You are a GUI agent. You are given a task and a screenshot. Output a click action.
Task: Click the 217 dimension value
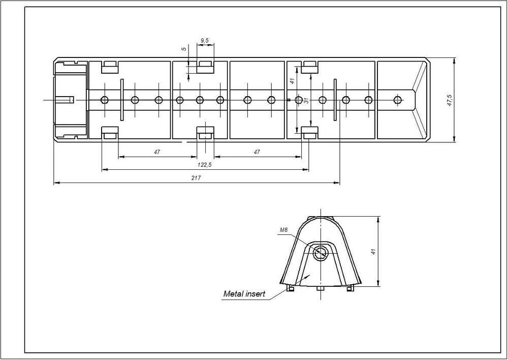click(196, 178)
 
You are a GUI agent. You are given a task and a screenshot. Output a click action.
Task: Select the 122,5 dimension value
click(204, 165)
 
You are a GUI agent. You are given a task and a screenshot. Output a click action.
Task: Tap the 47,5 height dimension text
click(450, 100)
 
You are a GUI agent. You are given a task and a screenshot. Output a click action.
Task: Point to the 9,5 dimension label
click(205, 41)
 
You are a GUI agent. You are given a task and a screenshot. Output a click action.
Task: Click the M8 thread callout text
click(283, 230)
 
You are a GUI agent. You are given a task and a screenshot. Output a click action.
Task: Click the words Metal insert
click(244, 294)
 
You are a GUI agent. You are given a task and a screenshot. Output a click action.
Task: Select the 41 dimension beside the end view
click(373, 251)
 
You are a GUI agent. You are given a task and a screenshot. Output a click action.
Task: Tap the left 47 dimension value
click(157, 152)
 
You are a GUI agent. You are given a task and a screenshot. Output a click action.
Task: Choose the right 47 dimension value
click(257, 152)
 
